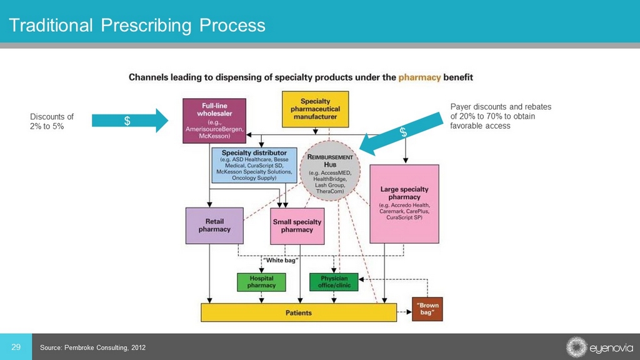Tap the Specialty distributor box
click(254, 165)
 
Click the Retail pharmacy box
click(214, 225)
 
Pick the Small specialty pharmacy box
click(297, 226)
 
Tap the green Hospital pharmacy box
click(261, 282)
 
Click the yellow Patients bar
click(298, 312)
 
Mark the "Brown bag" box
click(427, 309)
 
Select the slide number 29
click(16, 347)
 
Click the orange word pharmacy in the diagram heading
click(420, 77)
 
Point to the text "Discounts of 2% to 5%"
click(52, 121)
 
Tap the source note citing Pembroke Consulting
click(92, 347)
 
